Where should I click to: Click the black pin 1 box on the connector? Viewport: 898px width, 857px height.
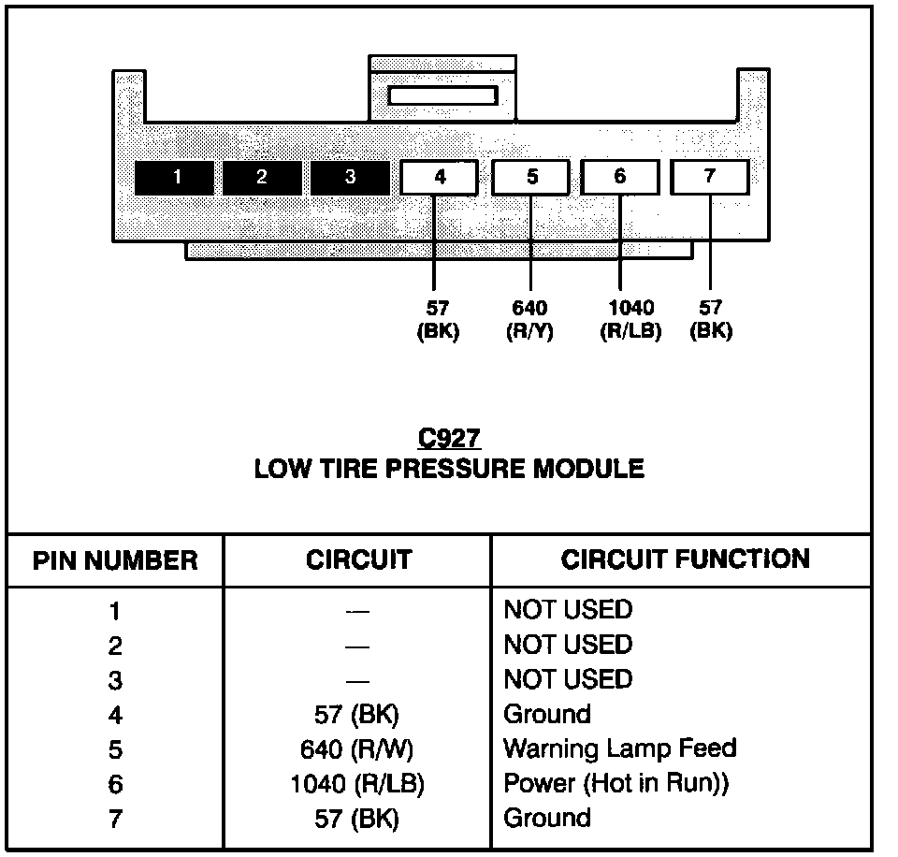click(174, 178)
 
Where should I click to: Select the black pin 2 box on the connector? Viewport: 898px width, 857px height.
click(262, 178)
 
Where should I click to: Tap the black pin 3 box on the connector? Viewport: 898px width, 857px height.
click(350, 178)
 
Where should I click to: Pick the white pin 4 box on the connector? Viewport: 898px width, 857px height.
click(439, 177)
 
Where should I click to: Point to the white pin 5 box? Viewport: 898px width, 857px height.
click(530, 177)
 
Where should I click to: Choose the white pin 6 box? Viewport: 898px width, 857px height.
click(620, 177)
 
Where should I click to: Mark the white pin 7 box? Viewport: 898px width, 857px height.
click(710, 177)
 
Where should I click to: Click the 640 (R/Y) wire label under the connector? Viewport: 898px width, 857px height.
click(530, 319)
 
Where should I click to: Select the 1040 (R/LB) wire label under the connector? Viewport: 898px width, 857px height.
click(630, 319)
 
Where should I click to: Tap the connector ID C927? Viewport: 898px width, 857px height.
click(449, 438)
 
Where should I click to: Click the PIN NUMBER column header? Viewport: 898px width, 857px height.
click(115, 560)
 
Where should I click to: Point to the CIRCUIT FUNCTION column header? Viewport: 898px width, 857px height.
click(686, 559)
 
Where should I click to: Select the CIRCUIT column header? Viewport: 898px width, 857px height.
click(358, 559)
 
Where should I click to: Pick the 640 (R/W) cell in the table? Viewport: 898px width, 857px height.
click(358, 749)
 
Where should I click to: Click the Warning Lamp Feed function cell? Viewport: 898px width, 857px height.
click(619, 748)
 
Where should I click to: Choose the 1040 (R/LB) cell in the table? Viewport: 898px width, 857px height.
click(358, 784)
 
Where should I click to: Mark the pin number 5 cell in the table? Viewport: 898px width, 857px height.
click(115, 750)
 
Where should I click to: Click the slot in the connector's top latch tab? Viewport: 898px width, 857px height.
click(442, 95)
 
